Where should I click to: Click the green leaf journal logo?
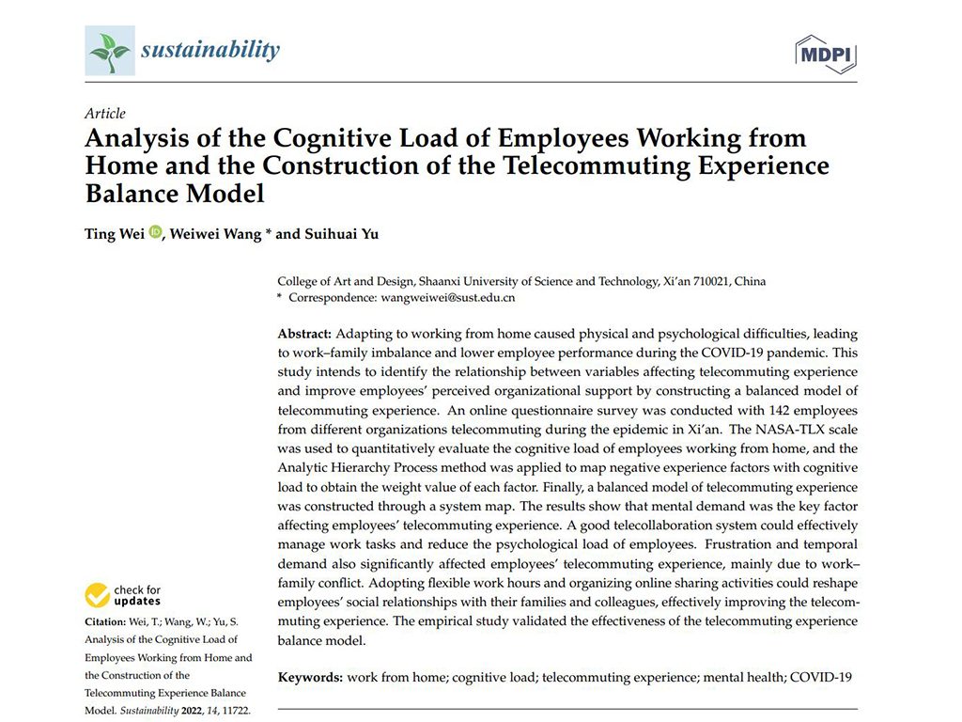tap(109, 50)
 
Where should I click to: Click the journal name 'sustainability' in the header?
tap(210, 49)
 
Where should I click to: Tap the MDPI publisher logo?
tap(826, 54)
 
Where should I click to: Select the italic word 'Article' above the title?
tap(104, 114)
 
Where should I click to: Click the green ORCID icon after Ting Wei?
tap(155, 232)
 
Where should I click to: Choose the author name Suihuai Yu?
tap(341, 233)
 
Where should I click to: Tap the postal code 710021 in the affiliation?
tap(711, 281)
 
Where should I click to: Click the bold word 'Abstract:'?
tap(304, 334)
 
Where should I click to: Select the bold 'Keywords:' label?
tap(310, 677)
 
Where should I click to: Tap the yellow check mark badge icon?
tap(97, 595)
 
